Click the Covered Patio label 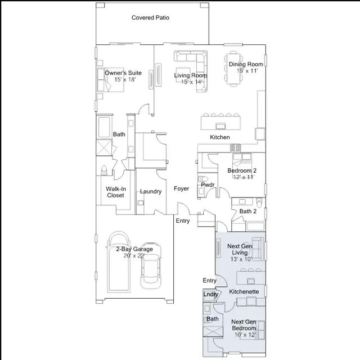(x=150, y=17)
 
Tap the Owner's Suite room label (x=123, y=73)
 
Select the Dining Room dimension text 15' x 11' (x=247, y=71)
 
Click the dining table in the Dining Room (x=233, y=69)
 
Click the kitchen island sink (x=220, y=125)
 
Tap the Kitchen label (x=220, y=137)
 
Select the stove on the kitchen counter (x=235, y=147)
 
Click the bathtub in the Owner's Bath (x=104, y=127)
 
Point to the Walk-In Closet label (x=116, y=192)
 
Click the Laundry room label (x=151, y=191)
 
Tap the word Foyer (x=181, y=188)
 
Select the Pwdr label (x=208, y=184)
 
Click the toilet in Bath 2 (x=259, y=202)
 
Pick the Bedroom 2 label (x=242, y=170)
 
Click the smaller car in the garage (x=151, y=265)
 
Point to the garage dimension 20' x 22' (x=134, y=255)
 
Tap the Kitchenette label (x=244, y=291)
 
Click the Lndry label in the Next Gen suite (x=210, y=294)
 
